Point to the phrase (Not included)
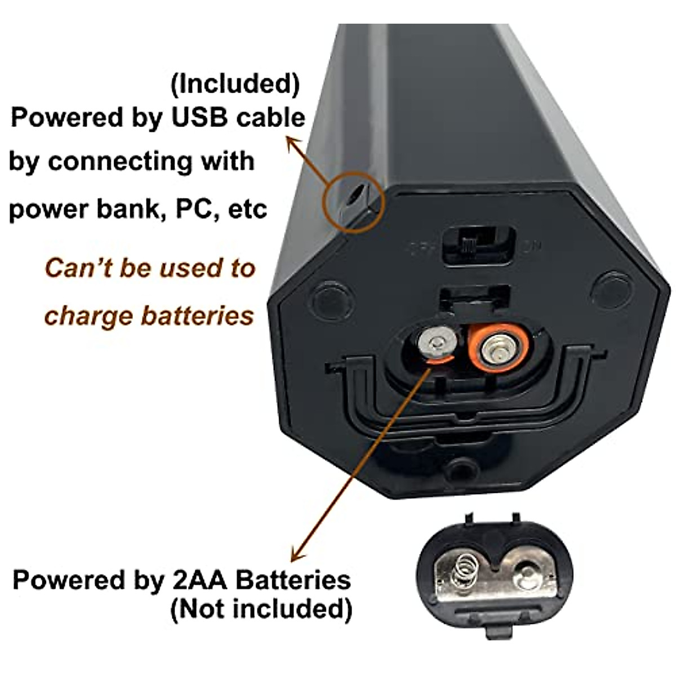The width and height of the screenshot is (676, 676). [x=261, y=609]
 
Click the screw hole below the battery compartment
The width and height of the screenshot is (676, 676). [x=459, y=469]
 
